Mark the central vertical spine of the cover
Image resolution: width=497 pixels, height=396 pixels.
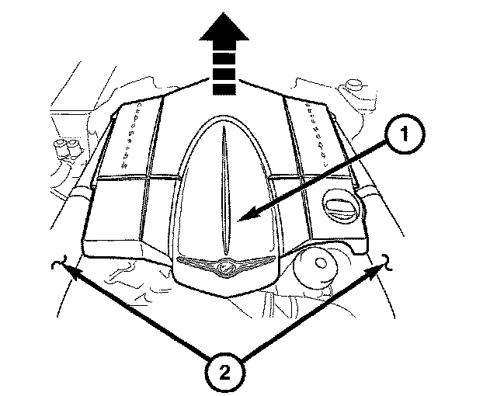223,186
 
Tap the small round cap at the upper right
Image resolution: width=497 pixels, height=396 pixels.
356,83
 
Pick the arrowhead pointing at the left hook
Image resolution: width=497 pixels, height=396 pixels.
69,271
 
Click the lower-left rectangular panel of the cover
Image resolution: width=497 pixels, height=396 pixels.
116,217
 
